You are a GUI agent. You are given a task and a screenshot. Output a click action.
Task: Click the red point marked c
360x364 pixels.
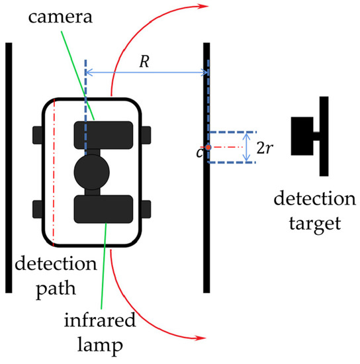(208, 147)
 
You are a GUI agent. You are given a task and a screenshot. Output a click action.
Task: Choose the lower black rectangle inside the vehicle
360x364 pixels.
(104, 209)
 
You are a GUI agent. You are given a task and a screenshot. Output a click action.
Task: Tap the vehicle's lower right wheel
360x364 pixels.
(146, 209)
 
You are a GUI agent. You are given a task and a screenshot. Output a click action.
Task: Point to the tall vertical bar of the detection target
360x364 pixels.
(324, 136)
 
